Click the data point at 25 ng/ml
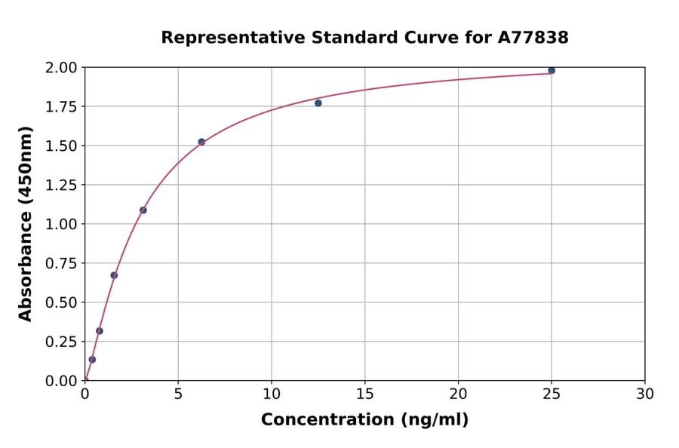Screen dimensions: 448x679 click(x=551, y=70)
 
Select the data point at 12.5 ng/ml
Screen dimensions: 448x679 click(x=318, y=103)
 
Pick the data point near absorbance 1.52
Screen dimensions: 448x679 click(x=201, y=142)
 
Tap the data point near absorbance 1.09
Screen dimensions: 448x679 click(x=143, y=210)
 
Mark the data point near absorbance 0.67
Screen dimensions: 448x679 click(x=114, y=275)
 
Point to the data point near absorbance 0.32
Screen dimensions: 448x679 click(x=100, y=331)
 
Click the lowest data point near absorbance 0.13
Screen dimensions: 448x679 click(x=92, y=360)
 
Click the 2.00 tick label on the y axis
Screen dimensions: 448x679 click(x=61, y=68)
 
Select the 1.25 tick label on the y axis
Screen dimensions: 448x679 click(x=61, y=185)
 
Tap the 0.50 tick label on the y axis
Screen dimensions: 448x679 click(x=61, y=302)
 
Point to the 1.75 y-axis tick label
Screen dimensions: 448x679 click(x=61, y=107)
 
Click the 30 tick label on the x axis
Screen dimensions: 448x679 click(x=645, y=394)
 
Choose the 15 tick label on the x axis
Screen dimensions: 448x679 click(x=365, y=394)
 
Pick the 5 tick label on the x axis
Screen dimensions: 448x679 click(x=178, y=394)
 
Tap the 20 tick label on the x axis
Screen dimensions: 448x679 click(x=458, y=394)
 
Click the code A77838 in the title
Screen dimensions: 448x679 click(x=533, y=38)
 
